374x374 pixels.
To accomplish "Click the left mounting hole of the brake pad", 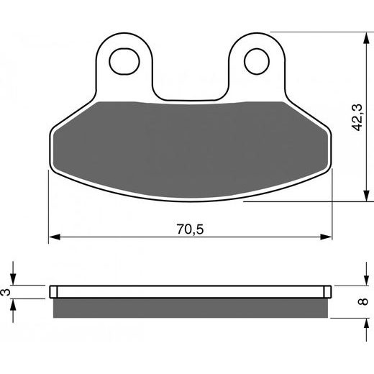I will pos(125,62).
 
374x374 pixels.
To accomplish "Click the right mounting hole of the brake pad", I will pos(255,62).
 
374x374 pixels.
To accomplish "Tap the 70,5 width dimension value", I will pos(190,229).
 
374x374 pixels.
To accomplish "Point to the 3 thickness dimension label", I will pos(6,292).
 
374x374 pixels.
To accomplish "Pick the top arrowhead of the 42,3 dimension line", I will pos(365,36).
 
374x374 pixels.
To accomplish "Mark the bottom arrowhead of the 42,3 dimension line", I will pos(365,197).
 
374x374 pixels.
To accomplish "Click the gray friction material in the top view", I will pos(191,144).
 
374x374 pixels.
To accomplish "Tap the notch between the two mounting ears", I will pos(191,90).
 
